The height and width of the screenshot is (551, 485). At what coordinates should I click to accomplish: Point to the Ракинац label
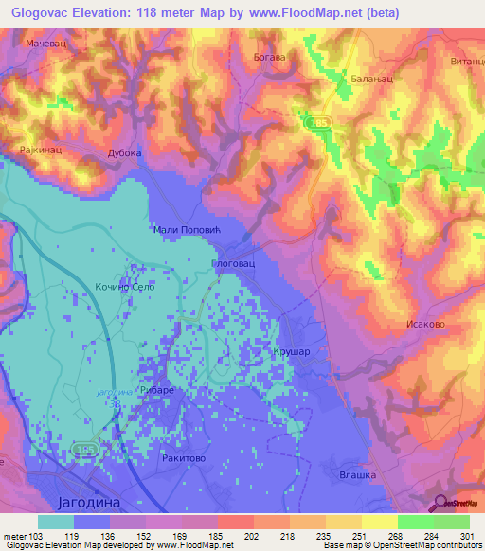pyautogui.click(x=39, y=150)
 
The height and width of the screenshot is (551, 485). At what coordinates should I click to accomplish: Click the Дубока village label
pyautogui.click(x=124, y=152)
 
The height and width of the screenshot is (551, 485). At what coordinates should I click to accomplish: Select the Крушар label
pyautogui.click(x=291, y=349)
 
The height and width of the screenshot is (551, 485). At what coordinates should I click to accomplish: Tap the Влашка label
pyautogui.click(x=357, y=474)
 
